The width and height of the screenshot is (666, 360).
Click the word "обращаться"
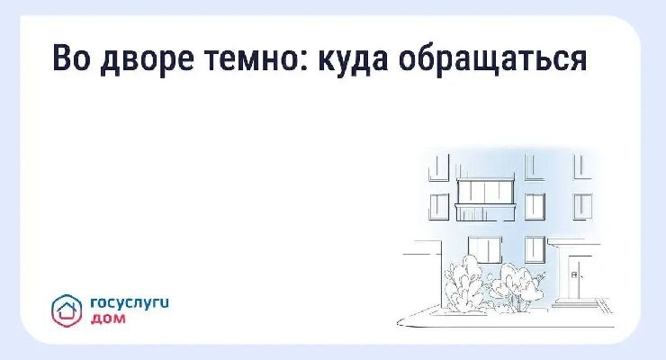point(493,59)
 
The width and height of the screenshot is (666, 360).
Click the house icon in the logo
point(67,310)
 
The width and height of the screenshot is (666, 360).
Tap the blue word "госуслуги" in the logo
point(130,304)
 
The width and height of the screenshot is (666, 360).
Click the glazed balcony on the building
point(486,200)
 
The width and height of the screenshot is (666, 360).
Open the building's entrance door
point(574,277)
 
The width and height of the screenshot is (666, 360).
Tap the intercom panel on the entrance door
point(574,274)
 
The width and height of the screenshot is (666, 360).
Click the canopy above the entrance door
point(573,242)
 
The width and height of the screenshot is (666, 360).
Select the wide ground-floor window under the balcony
point(484,249)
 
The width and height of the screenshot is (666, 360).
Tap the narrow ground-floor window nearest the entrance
point(535,249)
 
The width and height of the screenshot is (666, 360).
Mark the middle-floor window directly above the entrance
point(583,207)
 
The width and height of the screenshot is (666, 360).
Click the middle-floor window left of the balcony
point(439,207)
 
